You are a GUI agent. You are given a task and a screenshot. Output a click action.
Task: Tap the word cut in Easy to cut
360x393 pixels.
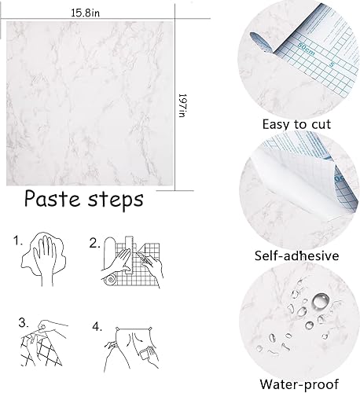tap(319, 123)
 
